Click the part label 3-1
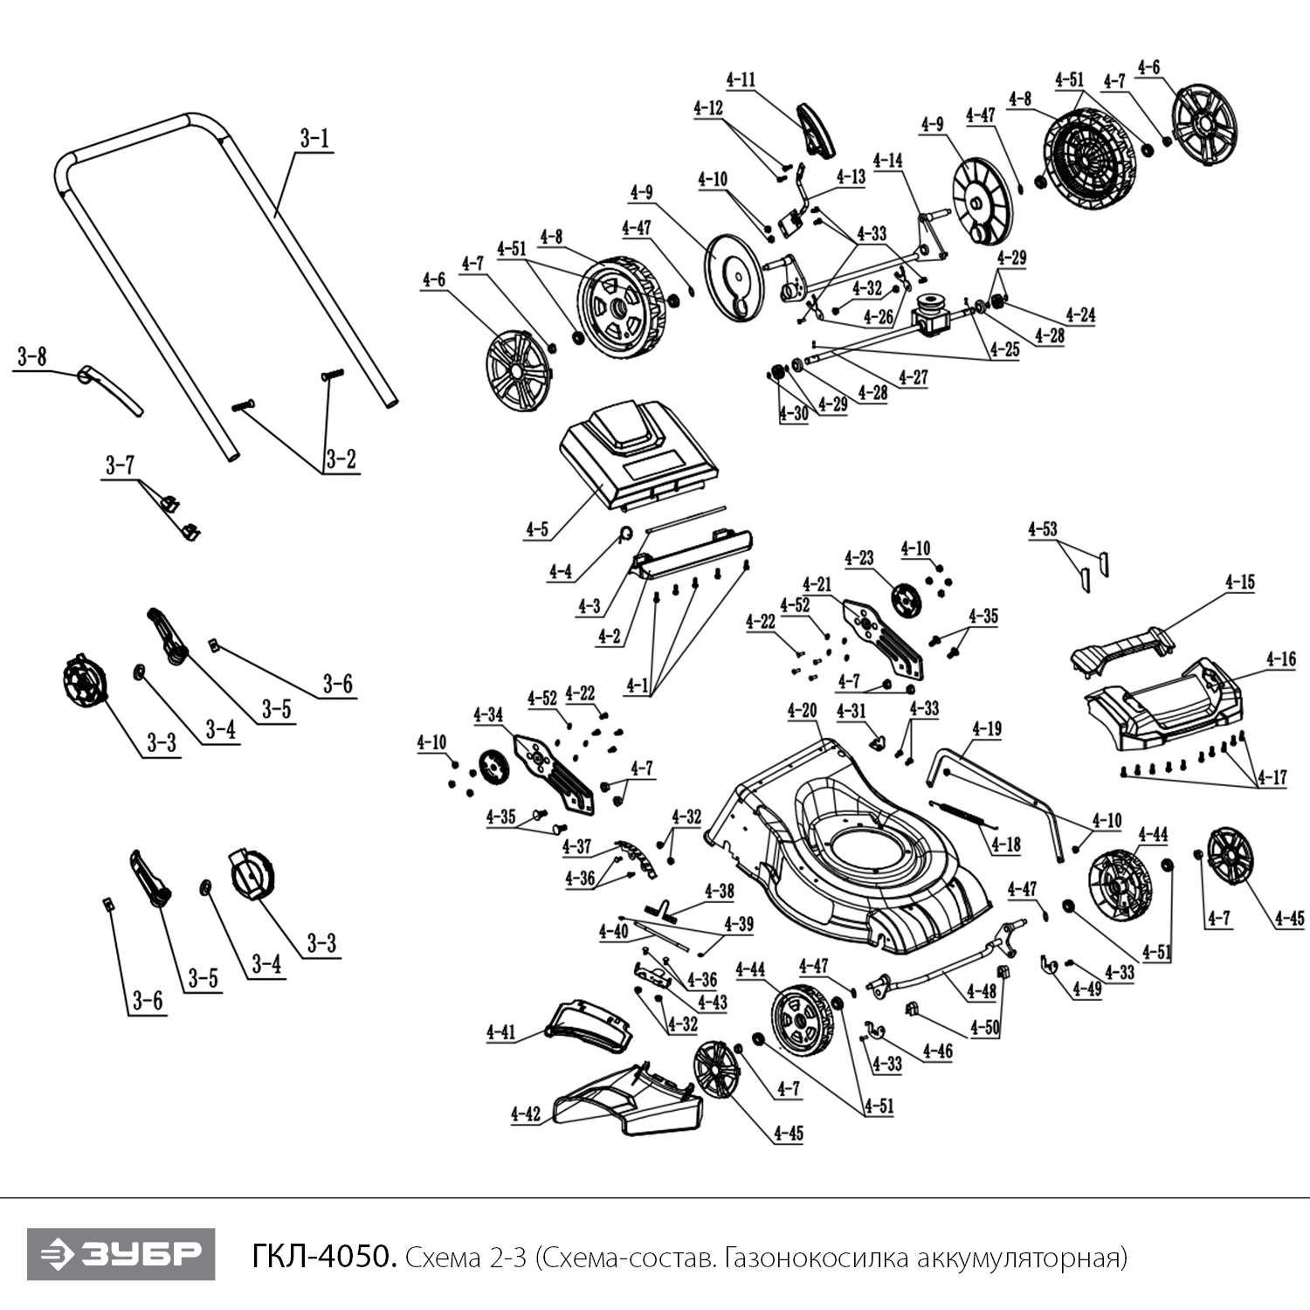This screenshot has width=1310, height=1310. point(314,139)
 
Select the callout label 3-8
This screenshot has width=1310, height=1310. point(31,357)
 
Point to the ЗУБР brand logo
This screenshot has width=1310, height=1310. point(121,1254)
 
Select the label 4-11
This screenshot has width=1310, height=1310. point(741,79)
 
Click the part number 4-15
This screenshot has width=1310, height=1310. point(1239,583)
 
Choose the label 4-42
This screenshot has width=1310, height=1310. point(526,1113)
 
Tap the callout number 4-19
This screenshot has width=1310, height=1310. point(987,728)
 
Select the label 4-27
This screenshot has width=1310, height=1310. point(914,377)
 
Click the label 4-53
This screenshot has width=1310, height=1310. point(1043,529)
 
